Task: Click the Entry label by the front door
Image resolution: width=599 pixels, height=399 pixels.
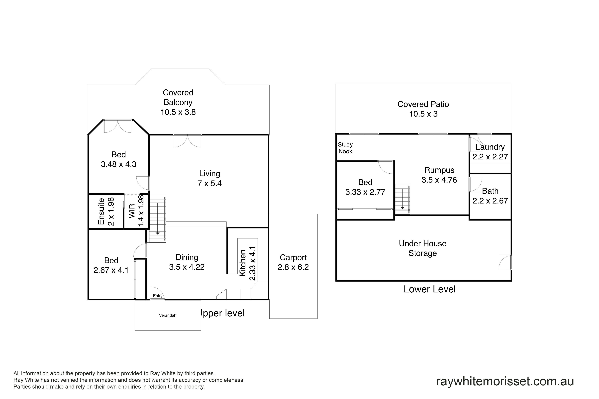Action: point(158,296)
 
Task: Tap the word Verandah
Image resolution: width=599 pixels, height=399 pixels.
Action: point(168,315)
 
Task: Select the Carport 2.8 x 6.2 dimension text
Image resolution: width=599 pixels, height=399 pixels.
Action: point(293,267)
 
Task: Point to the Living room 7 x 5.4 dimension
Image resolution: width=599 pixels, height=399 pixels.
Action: point(210,183)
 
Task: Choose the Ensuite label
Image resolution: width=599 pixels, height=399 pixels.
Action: point(101,211)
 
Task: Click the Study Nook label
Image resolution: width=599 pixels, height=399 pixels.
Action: point(345,148)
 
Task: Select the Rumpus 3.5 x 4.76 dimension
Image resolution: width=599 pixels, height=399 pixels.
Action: point(439,180)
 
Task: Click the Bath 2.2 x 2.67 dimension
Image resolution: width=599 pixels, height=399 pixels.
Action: point(490,201)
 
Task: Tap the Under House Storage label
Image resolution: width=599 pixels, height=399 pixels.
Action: point(423,248)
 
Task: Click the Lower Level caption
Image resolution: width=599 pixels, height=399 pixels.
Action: point(430,289)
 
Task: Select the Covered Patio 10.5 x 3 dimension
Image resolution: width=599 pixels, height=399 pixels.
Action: point(423,114)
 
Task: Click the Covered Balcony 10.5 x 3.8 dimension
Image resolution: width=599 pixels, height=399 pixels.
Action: point(178,112)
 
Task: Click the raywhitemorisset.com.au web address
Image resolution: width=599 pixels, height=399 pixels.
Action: point(505,381)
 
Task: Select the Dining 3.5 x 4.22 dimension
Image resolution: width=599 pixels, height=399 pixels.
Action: point(187,267)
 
